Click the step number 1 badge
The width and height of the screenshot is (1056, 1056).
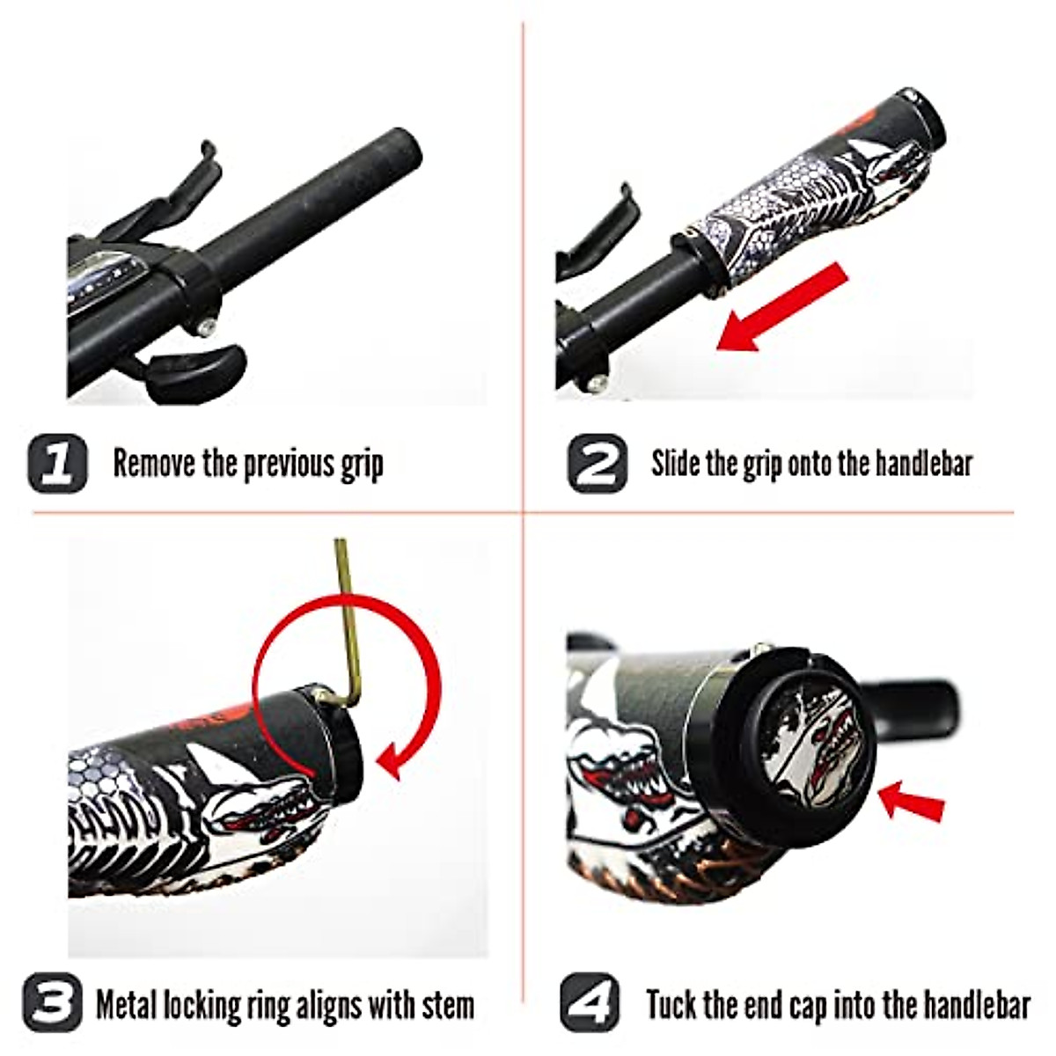[58, 463]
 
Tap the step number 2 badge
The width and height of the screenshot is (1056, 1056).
[598, 463]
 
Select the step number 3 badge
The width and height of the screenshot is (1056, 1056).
[53, 1002]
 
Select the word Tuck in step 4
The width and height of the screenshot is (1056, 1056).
[672, 1003]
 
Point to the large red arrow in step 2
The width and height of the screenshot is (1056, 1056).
[779, 308]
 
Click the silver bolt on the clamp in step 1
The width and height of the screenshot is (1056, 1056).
[203, 326]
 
